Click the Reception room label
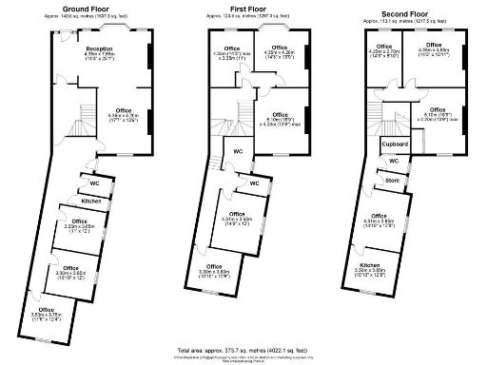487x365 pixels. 99,48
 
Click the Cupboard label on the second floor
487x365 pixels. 395,144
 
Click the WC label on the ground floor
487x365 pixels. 95,182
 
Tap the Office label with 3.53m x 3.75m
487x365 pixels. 47,311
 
